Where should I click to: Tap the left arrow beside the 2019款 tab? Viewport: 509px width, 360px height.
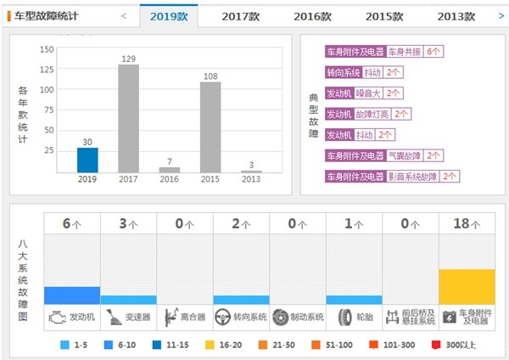tap(124, 15)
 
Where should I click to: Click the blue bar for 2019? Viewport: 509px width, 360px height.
tap(87, 160)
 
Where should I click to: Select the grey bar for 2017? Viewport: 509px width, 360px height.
tap(129, 119)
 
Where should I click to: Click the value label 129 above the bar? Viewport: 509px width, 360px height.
tap(129, 58)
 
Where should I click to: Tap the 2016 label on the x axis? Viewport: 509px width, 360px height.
tap(170, 180)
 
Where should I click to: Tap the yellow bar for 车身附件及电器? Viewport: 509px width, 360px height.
tap(467, 286)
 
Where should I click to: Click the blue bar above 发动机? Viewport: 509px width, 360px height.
tap(72, 295)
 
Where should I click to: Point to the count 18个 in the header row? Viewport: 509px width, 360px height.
tap(467, 223)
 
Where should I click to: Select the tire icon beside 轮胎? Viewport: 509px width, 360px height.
tap(344, 318)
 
